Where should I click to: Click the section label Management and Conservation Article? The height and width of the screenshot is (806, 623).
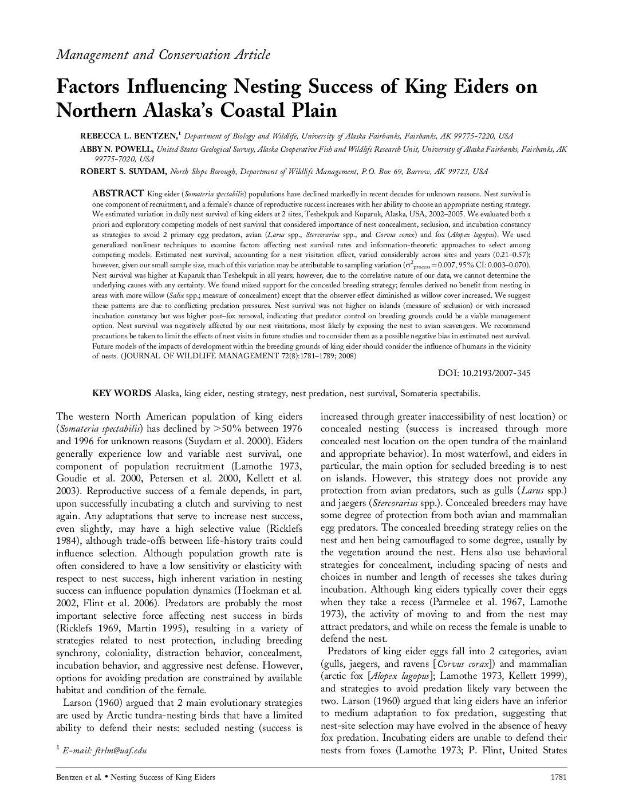(163, 55)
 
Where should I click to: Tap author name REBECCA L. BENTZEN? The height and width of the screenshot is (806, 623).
(128, 136)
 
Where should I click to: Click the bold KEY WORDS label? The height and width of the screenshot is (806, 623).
(122, 393)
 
